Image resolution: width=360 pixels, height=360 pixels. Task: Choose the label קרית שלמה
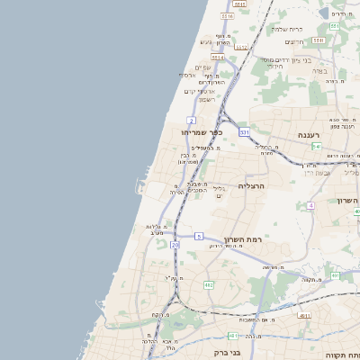286,29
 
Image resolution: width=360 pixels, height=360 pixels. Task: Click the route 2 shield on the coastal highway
191,120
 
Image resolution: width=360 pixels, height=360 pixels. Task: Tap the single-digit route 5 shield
197,236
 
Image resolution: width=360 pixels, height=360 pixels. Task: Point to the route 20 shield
175,244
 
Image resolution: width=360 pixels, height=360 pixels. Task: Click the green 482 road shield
209,284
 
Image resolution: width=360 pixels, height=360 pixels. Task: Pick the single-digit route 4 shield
310,206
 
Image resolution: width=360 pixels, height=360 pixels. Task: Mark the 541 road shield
317,147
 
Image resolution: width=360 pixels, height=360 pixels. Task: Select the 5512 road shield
219,57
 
